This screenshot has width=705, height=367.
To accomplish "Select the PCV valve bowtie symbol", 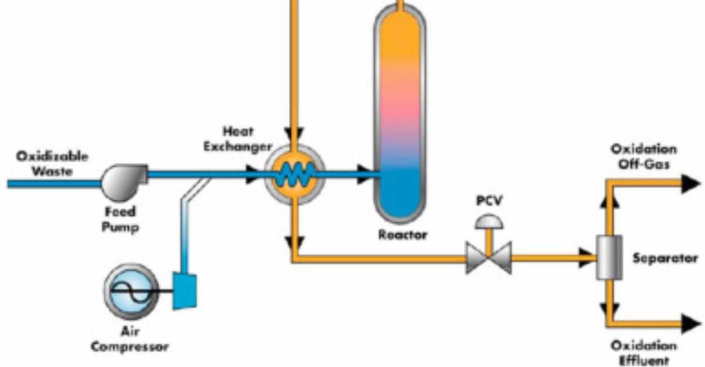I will (489, 257).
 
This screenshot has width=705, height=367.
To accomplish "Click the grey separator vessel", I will (607, 257).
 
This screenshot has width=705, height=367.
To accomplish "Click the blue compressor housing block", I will (184, 290).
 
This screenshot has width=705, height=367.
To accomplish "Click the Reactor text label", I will (403, 235).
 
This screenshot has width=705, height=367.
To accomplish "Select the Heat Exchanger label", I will (238, 138).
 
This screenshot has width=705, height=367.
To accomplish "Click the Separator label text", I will (665, 258).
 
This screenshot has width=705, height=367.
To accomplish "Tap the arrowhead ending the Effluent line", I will (690, 323).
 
